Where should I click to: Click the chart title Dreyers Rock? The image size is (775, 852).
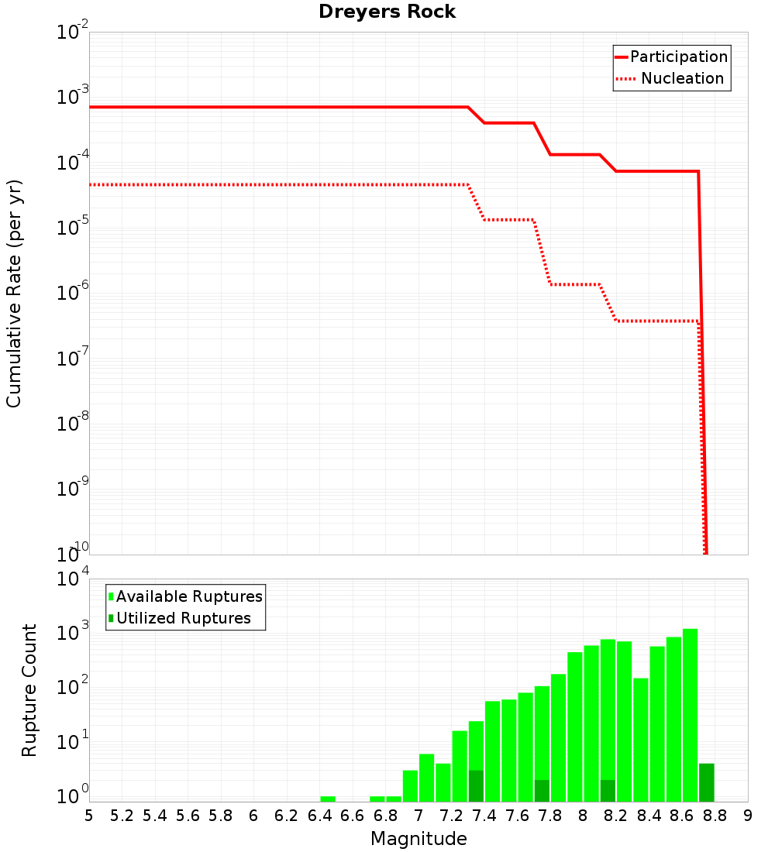387,12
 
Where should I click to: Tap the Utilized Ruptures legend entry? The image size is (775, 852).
183,618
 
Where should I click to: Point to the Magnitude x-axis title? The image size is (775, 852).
418,839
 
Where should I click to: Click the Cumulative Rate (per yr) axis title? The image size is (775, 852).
14,293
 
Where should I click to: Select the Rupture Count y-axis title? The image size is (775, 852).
29,689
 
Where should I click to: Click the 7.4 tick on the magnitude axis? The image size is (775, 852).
484,816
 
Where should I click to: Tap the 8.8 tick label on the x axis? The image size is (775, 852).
715,816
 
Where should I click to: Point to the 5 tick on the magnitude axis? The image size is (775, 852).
89,816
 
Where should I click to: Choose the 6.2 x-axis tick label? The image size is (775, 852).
287,816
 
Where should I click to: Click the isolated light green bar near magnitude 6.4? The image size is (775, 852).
328,799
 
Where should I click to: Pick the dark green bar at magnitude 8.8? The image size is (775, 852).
706,782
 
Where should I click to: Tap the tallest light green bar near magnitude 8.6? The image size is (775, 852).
690,713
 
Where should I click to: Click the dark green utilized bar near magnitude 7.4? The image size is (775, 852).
476,785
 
